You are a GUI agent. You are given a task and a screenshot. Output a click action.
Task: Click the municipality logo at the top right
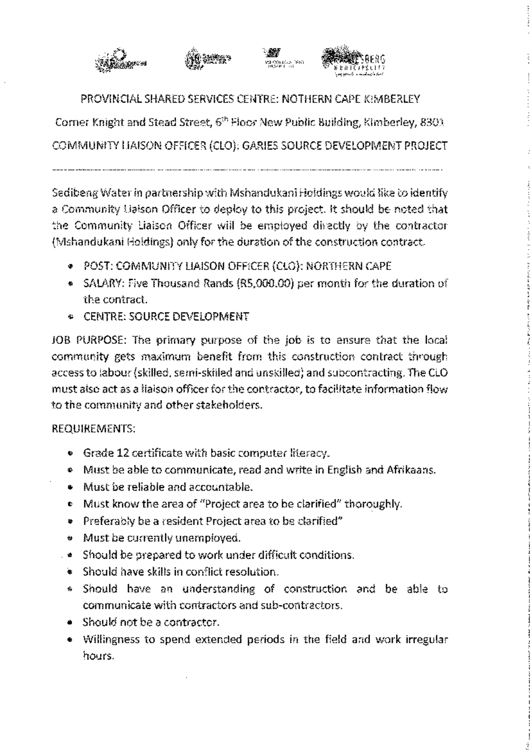tap(353, 61)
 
